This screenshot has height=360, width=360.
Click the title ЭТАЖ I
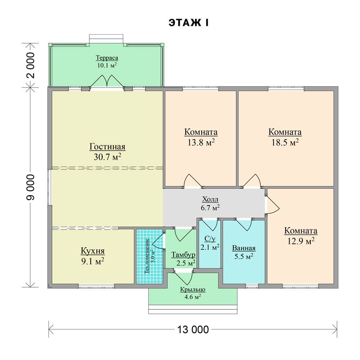coord(189,23)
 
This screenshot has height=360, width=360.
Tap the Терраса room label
coord(107,58)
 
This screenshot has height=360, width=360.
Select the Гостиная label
coord(107,147)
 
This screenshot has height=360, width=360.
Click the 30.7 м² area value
coord(107,157)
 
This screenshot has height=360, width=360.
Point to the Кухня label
coord(93,251)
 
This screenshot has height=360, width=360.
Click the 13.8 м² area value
coord(201,142)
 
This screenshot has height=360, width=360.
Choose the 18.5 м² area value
coord(285,142)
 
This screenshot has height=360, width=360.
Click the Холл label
coord(210,199)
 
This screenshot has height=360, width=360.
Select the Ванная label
coord(244,248)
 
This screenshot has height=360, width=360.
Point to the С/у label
coord(210,239)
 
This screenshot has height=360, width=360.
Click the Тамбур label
coord(183,255)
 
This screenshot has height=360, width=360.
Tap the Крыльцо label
coord(193,290)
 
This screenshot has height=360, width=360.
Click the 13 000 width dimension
coord(193,330)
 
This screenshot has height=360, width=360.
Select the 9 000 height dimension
coord(31,187)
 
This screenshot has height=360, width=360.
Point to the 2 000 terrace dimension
coord(31,66)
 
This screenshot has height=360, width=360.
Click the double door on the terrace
coord(107,81)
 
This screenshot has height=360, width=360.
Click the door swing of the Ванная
coord(244,224)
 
